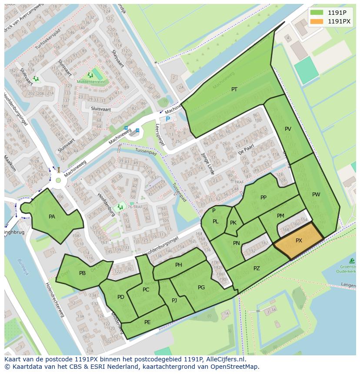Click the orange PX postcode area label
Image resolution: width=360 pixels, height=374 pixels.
[x=299, y=241]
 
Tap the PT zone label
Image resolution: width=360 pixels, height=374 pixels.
[x=234, y=89]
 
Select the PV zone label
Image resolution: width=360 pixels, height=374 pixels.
[x=288, y=129]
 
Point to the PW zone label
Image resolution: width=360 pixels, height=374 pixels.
[x=316, y=195]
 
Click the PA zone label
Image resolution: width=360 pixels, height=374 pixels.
[x=52, y=217]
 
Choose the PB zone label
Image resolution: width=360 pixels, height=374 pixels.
[x=82, y=273]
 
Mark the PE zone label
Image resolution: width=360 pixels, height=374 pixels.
[x=147, y=322]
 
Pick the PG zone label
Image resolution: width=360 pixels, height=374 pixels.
[x=201, y=288]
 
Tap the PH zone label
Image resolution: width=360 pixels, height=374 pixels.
[x=179, y=265]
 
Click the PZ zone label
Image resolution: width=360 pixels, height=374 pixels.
[x=257, y=268]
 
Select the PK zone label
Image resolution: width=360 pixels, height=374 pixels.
[x=233, y=223]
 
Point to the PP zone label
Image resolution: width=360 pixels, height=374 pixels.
[x=263, y=198]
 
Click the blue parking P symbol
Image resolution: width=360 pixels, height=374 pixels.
[x=168, y=119]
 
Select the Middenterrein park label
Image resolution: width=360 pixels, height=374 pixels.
[x=90, y=82]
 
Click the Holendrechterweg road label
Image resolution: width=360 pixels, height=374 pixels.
[x=56, y=299]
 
